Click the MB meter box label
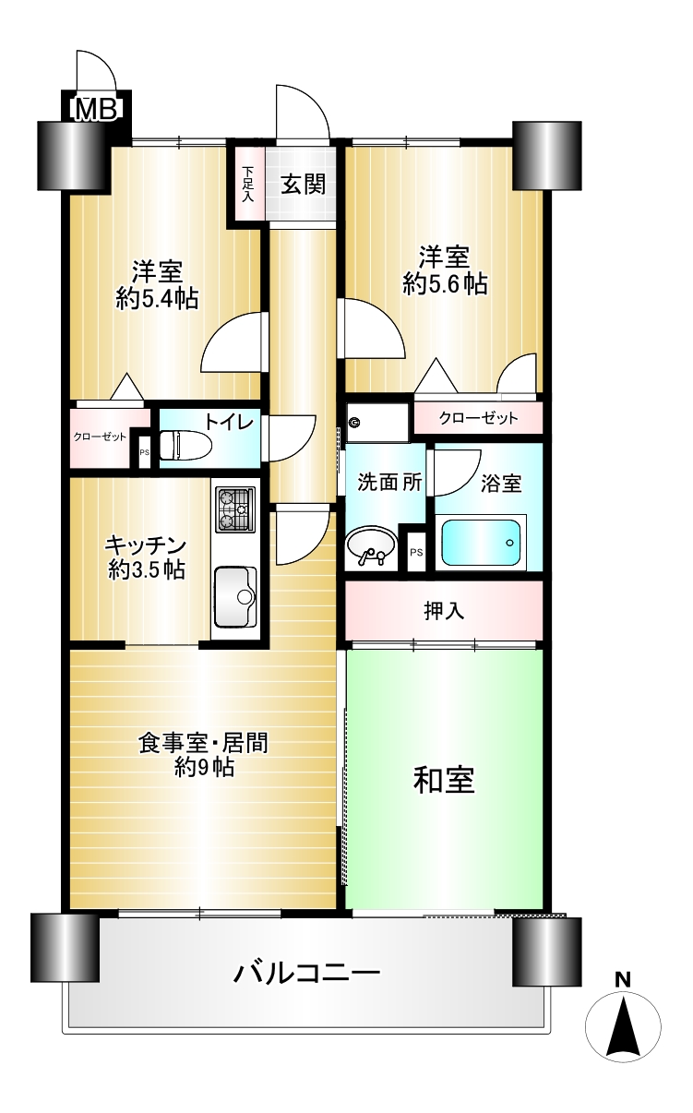[x=96, y=109]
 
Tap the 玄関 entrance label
[x=303, y=185]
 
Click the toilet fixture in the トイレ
[x=185, y=445]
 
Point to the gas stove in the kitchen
[x=235, y=509]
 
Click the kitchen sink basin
[x=235, y=597]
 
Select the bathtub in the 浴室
[x=481, y=543]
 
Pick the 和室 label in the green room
[x=444, y=780]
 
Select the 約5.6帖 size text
[x=445, y=284]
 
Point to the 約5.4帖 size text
[x=158, y=299]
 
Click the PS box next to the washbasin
[x=416, y=552]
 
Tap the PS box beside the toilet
[x=144, y=451]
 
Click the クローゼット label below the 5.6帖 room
[x=478, y=418]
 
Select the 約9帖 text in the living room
[x=204, y=768]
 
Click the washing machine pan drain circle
[x=354, y=424]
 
